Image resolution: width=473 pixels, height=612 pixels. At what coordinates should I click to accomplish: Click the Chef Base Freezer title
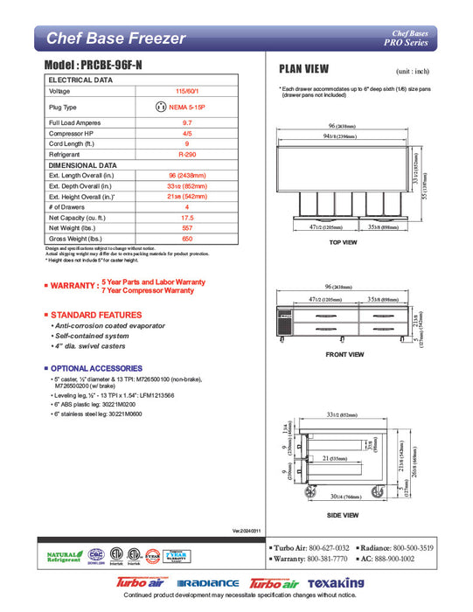tap(115, 38)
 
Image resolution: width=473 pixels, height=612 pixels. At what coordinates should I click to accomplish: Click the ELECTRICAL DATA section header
tap(80, 80)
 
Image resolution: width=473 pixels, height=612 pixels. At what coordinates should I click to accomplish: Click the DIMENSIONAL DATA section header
tap(83, 164)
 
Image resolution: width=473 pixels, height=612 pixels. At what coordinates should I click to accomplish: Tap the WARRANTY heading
tap(73, 286)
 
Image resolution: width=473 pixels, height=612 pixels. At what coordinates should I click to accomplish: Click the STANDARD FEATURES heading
tap(90, 314)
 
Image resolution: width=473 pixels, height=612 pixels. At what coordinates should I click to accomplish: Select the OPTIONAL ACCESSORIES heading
tap(94, 368)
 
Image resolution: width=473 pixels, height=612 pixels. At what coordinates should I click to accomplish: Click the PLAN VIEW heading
tap(303, 69)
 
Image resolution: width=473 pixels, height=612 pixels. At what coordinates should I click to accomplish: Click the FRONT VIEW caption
tap(344, 355)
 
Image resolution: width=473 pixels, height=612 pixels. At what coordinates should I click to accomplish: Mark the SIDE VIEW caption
tap(344, 516)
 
